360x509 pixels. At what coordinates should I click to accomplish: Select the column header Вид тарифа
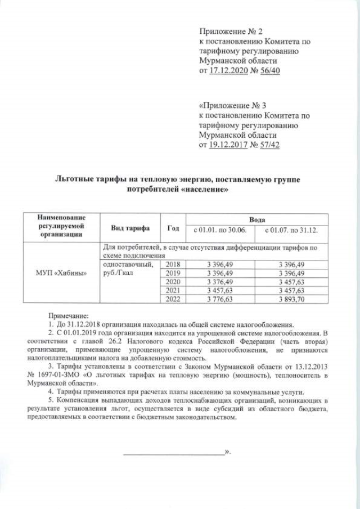coord(130,228)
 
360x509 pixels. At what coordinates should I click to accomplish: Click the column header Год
coord(173,228)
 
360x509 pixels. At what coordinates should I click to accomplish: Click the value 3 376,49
coord(220,282)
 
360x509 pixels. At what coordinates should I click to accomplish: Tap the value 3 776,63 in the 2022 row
coord(220,299)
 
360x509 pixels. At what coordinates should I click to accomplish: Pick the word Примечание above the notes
coord(65,317)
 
